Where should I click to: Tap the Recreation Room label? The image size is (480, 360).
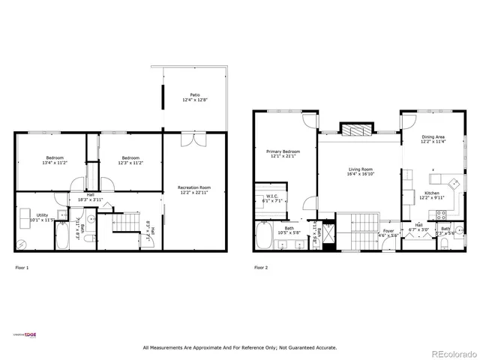(x=193, y=190)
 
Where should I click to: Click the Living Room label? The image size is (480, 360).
(x=361, y=172)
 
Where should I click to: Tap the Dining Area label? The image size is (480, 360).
(x=433, y=139)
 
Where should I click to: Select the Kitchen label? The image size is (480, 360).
(x=432, y=196)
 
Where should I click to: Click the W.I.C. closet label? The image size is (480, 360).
(x=270, y=199)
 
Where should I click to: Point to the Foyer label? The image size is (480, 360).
(x=388, y=232)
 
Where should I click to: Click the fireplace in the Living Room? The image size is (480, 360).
(x=356, y=130)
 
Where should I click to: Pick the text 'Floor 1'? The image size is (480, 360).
(x=22, y=268)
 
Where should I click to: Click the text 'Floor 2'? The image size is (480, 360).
(x=260, y=268)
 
